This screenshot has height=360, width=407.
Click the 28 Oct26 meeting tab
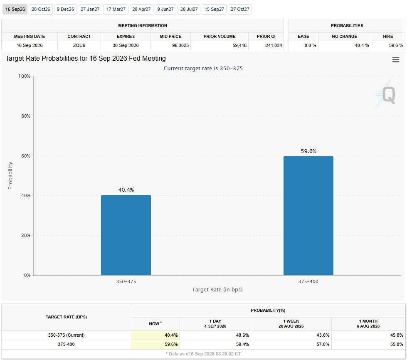[x=41, y=9]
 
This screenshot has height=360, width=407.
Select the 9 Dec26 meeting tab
[x=65, y=9]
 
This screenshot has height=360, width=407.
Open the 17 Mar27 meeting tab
[x=116, y=9]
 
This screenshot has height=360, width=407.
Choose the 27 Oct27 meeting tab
[x=240, y=9]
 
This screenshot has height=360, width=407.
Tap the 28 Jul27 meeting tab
[x=189, y=9]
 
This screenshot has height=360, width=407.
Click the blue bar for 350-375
[x=126, y=235]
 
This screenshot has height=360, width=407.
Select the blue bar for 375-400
[x=308, y=216]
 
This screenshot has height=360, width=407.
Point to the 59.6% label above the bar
[x=308, y=151]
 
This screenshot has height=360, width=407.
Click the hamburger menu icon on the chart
[x=396, y=60]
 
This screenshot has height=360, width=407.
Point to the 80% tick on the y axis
[x=26, y=116]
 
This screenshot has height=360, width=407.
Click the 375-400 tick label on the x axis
[x=308, y=281]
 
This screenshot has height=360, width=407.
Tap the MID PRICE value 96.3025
[x=180, y=45]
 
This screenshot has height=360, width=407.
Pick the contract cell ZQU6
[x=79, y=45]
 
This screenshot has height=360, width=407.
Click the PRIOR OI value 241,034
[x=274, y=45]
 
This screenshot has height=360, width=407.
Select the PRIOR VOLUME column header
[x=220, y=36]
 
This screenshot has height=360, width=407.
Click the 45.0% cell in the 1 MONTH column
[x=397, y=335]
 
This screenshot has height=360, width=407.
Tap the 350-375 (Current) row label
[x=66, y=335]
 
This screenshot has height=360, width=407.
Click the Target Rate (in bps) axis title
[x=217, y=289]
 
